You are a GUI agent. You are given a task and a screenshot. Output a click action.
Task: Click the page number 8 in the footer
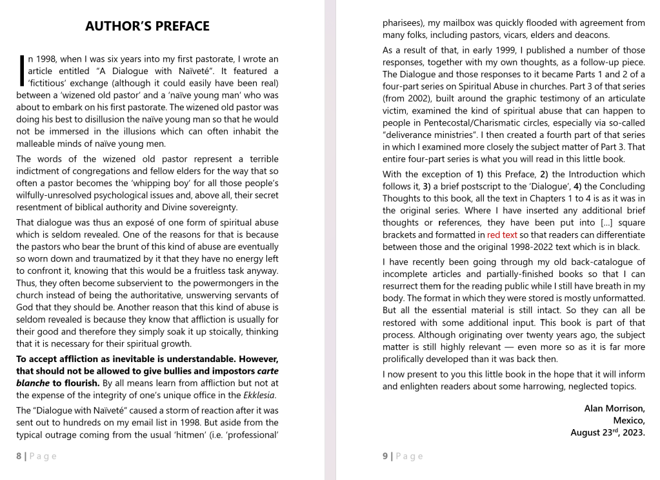coord(19,456)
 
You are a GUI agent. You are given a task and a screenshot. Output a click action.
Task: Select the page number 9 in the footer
coord(385,456)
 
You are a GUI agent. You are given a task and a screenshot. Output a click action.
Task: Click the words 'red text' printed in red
coord(502,235)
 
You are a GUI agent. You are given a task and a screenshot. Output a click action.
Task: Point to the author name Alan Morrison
coord(614,408)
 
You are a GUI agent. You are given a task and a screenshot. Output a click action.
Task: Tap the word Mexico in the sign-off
coord(628,421)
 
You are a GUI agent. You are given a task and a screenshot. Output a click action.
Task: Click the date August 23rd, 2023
coord(608,433)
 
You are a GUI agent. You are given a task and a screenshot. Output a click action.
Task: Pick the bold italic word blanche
coord(32,383)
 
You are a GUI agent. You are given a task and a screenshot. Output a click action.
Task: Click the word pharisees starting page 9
coord(404,23)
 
